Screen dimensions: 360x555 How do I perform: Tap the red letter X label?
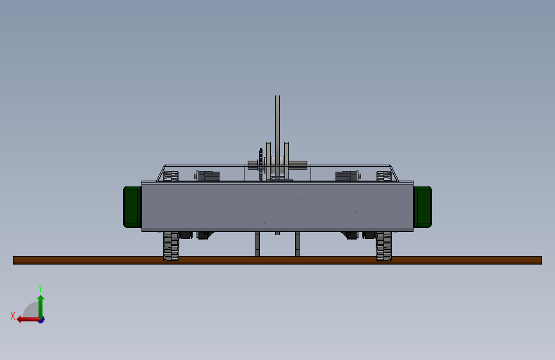click(13, 315)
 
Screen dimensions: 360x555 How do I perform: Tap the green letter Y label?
click(40, 288)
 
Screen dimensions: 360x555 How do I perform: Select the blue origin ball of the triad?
click(41, 319)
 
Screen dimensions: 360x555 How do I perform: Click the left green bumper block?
click(133, 207)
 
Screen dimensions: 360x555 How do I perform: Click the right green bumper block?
click(422, 207)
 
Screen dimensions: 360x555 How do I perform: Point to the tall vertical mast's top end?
click(277, 98)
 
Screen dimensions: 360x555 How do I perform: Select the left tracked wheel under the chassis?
click(171, 247)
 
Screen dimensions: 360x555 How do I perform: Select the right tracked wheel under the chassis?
click(383, 247)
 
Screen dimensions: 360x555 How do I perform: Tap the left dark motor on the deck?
click(208, 176)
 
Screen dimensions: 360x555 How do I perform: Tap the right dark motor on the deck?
click(346, 176)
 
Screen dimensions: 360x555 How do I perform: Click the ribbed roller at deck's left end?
click(171, 176)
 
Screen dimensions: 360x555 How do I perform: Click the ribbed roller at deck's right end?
click(383, 176)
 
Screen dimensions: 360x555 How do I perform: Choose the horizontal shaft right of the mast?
click(298, 165)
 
